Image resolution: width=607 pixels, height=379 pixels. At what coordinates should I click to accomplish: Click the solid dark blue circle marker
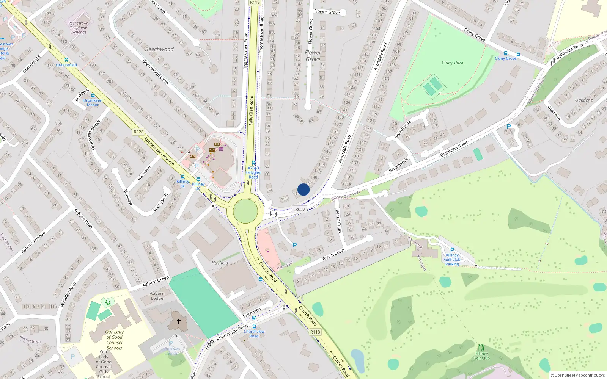(303, 189)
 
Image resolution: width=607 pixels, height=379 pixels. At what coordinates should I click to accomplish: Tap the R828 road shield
(138, 132)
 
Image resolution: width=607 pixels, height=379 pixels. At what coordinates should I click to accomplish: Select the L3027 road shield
(299, 209)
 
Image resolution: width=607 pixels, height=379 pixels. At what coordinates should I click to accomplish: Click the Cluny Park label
(452, 63)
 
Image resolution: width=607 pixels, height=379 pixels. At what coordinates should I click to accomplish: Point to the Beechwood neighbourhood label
(159, 49)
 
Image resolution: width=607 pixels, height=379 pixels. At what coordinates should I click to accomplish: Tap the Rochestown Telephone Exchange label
(79, 28)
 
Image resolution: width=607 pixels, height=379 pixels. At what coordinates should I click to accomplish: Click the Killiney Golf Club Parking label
(452, 260)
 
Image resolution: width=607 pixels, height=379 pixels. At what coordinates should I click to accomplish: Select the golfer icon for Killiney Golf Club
(481, 347)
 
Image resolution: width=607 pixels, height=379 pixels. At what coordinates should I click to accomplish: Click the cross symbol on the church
(178, 321)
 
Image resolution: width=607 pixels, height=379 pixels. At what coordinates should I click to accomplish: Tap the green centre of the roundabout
(245, 211)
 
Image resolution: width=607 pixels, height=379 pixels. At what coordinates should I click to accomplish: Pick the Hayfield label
(220, 263)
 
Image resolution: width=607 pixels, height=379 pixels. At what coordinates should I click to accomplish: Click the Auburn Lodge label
(157, 296)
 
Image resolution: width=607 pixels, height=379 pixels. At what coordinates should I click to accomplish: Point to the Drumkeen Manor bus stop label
(93, 103)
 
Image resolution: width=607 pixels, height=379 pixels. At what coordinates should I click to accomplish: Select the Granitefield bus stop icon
(66, 60)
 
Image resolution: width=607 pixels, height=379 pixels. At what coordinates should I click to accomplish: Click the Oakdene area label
(584, 100)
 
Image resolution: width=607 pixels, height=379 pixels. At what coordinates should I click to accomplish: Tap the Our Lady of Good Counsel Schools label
(114, 340)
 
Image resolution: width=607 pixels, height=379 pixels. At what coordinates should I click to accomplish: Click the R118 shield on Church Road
(315, 332)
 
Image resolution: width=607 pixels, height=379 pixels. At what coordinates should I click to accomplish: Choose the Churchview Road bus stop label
(254, 334)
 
